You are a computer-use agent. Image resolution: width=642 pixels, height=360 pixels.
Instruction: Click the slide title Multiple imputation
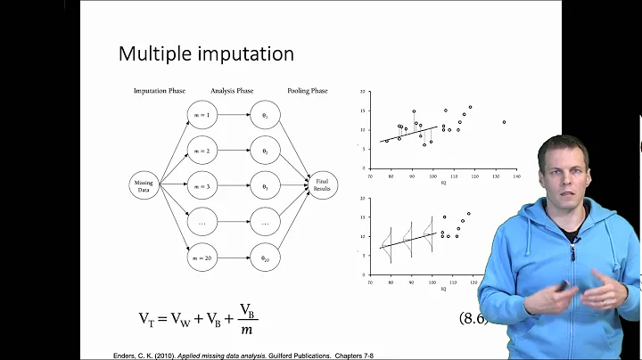pyautogui.click(x=206, y=53)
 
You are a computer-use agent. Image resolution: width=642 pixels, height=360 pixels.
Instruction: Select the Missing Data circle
pyautogui.click(x=143, y=185)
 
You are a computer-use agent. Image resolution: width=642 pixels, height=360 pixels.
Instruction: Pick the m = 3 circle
pyautogui.click(x=202, y=185)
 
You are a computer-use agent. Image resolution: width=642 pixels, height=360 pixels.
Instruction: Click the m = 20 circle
pyautogui.click(x=202, y=257)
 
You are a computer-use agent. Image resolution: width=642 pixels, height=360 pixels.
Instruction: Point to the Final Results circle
pyautogui.click(x=322, y=185)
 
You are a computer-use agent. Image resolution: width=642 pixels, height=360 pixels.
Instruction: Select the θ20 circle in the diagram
pyautogui.click(x=265, y=257)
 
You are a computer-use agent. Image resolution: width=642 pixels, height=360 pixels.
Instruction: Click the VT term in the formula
pyautogui.click(x=147, y=318)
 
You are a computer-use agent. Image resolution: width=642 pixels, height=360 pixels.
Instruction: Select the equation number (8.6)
pyautogui.click(x=473, y=318)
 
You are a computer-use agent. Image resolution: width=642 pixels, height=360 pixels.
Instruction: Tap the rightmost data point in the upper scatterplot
pyautogui.click(x=504, y=122)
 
